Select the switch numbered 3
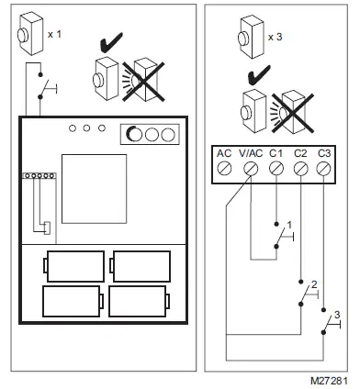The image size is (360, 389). (x=330, y=322)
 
